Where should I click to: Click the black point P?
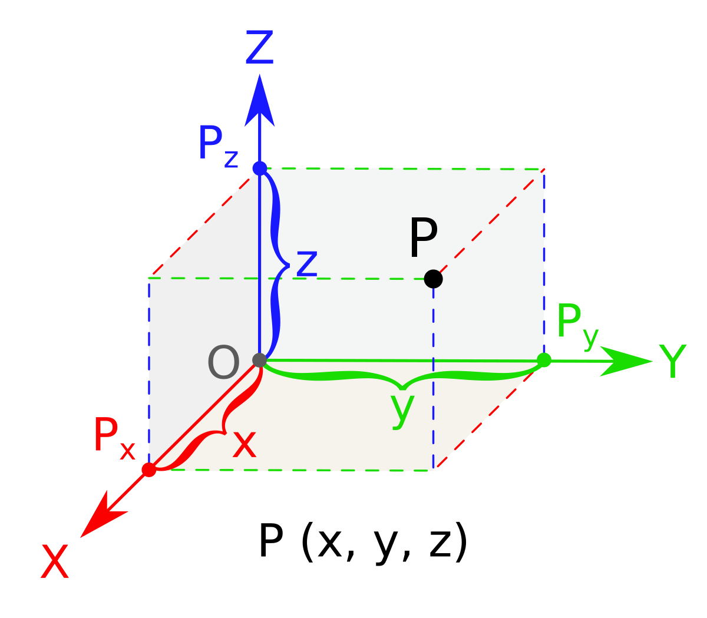(433, 279)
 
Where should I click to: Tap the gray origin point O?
(259, 359)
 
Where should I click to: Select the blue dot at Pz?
(260, 168)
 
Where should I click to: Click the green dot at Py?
(544, 360)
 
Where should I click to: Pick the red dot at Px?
(149, 470)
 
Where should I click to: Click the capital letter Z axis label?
(259, 48)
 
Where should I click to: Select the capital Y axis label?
(672, 361)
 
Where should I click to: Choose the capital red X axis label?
(55, 563)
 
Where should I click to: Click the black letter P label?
(423, 239)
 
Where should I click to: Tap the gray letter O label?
(223, 363)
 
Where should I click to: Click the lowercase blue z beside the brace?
(307, 264)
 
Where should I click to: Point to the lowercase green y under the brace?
(402, 409)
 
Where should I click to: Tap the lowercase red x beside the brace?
(245, 445)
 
